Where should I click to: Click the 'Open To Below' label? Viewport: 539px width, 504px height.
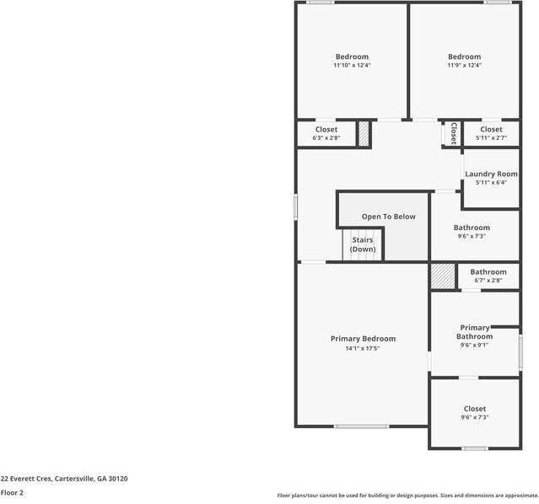pyautogui.click(x=388, y=217)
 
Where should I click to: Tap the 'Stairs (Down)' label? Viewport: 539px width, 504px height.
pyautogui.click(x=363, y=244)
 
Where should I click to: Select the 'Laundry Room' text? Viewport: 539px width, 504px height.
pyautogui.click(x=491, y=174)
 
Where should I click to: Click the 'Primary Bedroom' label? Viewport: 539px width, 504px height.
pyautogui.click(x=363, y=339)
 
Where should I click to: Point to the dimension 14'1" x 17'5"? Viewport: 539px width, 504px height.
pyautogui.click(x=363, y=349)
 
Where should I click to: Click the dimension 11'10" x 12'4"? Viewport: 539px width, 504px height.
pyautogui.click(x=352, y=65)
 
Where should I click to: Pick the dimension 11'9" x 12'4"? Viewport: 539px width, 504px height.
pyautogui.click(x=464, y=65)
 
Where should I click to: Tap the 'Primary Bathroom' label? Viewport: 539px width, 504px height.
pyautogui.click(x=475, y=332)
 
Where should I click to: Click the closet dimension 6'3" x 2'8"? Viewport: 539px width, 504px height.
pyautogui.click(x=326, y=137)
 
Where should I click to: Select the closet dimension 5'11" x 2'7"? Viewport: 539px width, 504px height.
pyautogui.click(x=491, y=137)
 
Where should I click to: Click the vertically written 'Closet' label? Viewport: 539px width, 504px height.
pyautogui.click(x=453, y=133)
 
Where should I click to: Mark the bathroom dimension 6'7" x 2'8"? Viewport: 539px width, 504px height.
pyautogui.click(x=488, y=280)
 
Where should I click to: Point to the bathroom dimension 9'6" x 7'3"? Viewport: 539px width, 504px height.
pyautogui.click(x=472, y=236)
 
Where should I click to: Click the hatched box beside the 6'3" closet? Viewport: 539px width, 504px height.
pyautogui.click(x=364, y=135)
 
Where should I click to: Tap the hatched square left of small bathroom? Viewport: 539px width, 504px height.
pyautogui.click(x=442, y=277)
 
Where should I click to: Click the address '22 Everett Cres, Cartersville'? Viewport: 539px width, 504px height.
pyautogui.click(x=64, y=479)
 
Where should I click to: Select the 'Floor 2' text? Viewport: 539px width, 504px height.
pyautogui.click(x=12, y=492)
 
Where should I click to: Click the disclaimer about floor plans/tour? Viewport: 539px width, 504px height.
pyautogui.click(x=407, y=496)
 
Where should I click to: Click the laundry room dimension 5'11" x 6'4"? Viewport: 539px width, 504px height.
pyautogui.click(x=491, y=182)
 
